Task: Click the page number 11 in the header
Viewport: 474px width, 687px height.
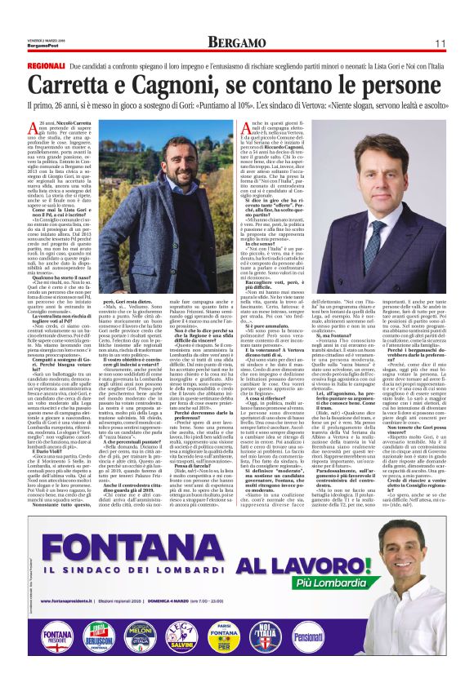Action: tap(439, 42)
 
